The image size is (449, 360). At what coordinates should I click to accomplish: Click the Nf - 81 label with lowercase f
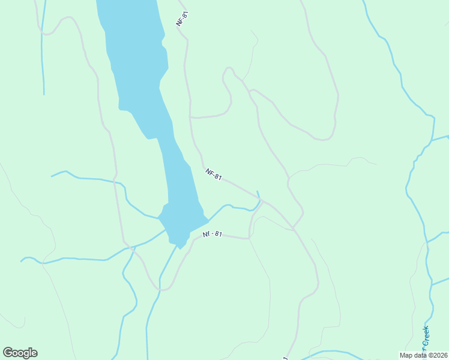point(212,234)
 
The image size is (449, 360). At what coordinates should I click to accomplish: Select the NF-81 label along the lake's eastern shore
point(214,175)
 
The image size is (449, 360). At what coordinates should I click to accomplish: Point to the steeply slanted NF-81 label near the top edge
point(182,18)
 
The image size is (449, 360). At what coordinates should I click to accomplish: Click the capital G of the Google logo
point(8,353)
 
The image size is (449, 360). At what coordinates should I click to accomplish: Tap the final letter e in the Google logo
point(34,353)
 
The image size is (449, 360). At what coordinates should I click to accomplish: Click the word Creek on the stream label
point(426,336)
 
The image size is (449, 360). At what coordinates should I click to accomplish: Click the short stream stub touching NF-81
point(259,194)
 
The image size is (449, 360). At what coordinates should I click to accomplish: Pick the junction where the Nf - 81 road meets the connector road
point(249,238)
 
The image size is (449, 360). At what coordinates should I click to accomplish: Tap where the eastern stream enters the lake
point(206,217)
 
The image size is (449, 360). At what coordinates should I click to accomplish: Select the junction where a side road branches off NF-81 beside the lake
point(190,117)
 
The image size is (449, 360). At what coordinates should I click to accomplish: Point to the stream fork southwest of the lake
point(133,246)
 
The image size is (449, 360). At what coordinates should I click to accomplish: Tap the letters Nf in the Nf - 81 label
point(206,234)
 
